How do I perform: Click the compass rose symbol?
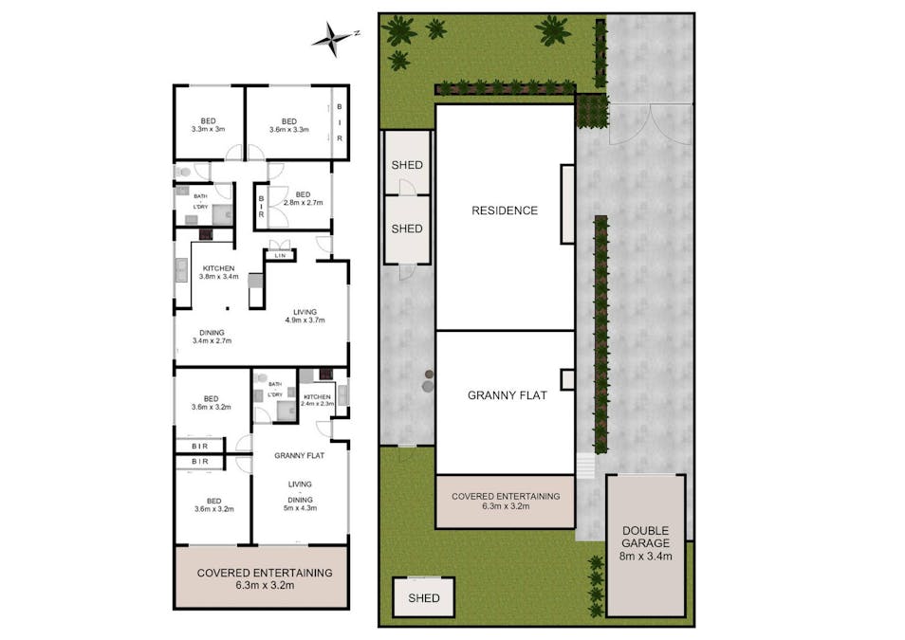(334, 37)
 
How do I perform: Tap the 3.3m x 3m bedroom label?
(208, 125)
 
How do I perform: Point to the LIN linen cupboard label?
(280, 256)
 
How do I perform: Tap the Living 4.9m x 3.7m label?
(305, 316)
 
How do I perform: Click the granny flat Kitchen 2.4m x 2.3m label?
(317, 400)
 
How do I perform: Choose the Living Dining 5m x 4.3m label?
(300, 495)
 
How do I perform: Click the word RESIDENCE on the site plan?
(505, 210)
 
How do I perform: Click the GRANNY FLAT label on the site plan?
(507, 395)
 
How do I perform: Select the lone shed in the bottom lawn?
(423, 598)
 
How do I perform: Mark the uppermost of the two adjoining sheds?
(407, 165)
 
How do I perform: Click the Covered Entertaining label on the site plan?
(505, 501)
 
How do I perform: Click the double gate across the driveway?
(651, 123)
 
